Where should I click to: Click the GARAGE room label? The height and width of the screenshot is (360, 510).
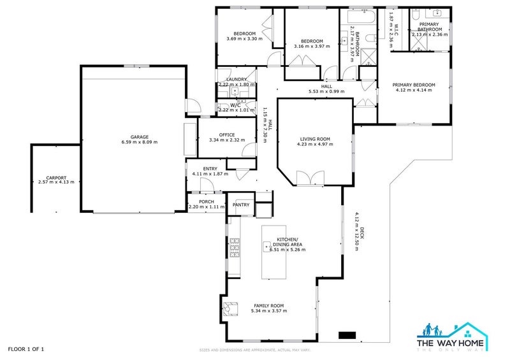(x=140, y=136)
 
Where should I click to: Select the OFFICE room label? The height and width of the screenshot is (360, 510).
(x=227, y=134)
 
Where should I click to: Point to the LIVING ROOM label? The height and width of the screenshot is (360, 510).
(x=314, y=139)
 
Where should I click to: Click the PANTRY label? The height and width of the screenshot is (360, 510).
(x=241, y=205)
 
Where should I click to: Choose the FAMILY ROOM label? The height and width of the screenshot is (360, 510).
(x=268, y=305)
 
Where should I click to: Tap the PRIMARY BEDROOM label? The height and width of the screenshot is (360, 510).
(x=414, y=85)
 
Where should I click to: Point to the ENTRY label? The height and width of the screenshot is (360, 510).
(x=210, y=168)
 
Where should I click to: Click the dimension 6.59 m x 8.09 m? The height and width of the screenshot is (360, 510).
(x=140, y=142)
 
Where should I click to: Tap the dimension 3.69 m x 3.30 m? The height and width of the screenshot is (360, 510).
(x=244, y=39)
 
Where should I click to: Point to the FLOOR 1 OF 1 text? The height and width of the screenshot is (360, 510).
(x=26, y=349)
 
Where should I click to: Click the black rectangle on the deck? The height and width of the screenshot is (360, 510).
(x=347, y=335)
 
